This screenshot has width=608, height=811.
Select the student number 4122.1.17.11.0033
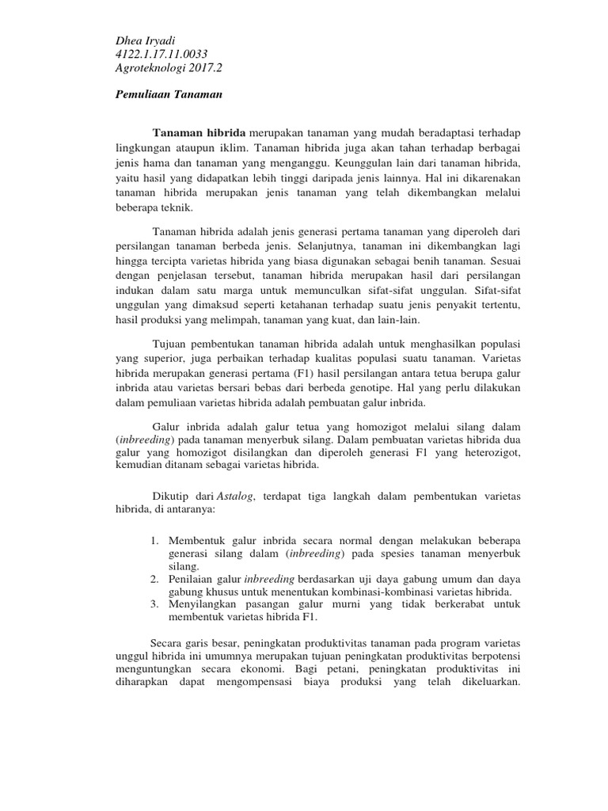(x=161, y=55)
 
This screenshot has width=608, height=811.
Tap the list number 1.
(x=154, y=540)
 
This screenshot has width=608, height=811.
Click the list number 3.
(x=154, y=605)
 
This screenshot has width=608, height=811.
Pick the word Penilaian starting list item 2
(x=192, y=579)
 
